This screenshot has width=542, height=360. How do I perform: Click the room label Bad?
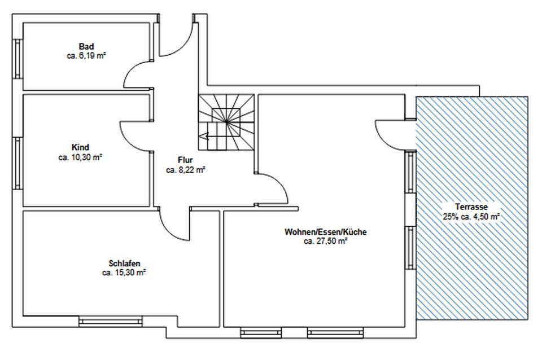pyautogui.click(x=86, y=46)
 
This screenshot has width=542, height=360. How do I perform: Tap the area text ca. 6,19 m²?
pyautogui.click(x=86, y=56)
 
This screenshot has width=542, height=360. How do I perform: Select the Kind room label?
pyautogui.click(x=80, y=147)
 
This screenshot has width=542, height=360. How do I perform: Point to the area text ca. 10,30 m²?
pyautogui.click(x=80, y=157)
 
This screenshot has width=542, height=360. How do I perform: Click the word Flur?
pyautogui.click(x=185, y=160)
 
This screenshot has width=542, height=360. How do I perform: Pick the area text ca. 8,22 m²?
pyautogui.click(x=186, y=170)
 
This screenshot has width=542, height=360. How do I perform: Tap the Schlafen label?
pyautogui.click(x=124, y=264)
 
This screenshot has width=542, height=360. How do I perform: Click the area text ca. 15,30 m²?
pyautogui.click(x=124, y=273)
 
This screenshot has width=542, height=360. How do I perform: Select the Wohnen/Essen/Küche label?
pyautogui.click(x=325, y=232)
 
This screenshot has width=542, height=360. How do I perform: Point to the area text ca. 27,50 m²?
pyautogui.click(x=325, y=242)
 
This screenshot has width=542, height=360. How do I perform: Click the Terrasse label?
pyautogui.click(x=471, y=207)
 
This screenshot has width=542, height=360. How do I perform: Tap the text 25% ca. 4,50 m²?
pyautogui.click(x=471, y=217)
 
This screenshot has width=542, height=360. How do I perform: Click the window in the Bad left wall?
pyautogui.click(x=18, y=59)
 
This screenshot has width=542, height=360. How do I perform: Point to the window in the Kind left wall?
pyautogui.click(x=18, y=164)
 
